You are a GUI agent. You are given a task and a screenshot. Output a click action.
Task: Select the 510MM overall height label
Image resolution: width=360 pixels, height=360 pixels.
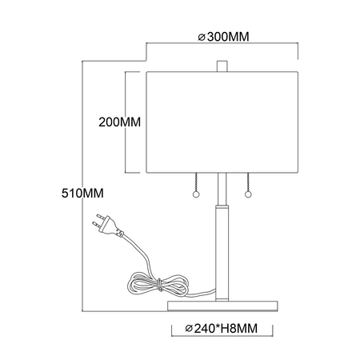click(x=85, y=194)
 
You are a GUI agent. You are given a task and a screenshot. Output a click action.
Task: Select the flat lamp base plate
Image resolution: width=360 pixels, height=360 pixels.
click(x=222, y=303)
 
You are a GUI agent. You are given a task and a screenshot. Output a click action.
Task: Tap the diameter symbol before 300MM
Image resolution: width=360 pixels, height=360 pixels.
click(x=200, y=37)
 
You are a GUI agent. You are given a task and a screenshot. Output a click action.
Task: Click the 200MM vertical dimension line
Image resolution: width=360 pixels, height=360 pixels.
click(x=129, y=124)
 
